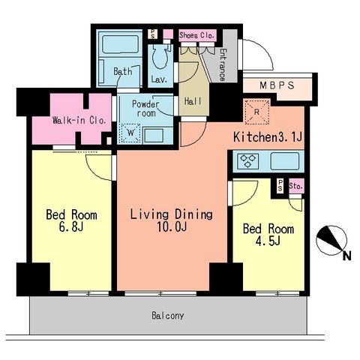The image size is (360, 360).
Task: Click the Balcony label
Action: (x=168, y=316)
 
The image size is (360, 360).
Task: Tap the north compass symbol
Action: (x=331, y=241)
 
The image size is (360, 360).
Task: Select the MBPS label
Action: (x=277, y=85)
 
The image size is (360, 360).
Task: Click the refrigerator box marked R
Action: (x=257, y=112)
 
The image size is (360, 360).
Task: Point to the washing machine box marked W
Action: (x=130, y=133)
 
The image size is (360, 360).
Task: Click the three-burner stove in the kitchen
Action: (x=248, y=161)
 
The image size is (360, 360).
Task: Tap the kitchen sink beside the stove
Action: (x=285, y=161)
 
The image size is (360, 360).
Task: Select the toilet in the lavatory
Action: (x=160, y=56)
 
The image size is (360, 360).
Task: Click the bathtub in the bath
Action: (x=121, y=45)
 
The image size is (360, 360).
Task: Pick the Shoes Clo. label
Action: (x=197, y=35)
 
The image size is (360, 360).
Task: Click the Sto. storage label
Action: (x=296, y=186)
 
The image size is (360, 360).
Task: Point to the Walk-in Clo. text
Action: (x=79, y=121)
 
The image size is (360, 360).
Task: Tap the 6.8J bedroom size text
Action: (x=71, y=227)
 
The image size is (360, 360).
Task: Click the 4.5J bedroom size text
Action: (x=268, y=241)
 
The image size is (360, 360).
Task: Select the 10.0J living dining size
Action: (x=172, y=227)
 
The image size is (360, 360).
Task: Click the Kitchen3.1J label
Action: (x=268, y=136)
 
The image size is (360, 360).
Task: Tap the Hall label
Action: (x=193, y=101)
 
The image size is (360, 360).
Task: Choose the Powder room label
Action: (x=145, y=109)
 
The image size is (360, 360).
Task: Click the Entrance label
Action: (x=223, y=64)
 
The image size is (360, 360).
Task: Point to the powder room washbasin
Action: (x=154, y=135)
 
